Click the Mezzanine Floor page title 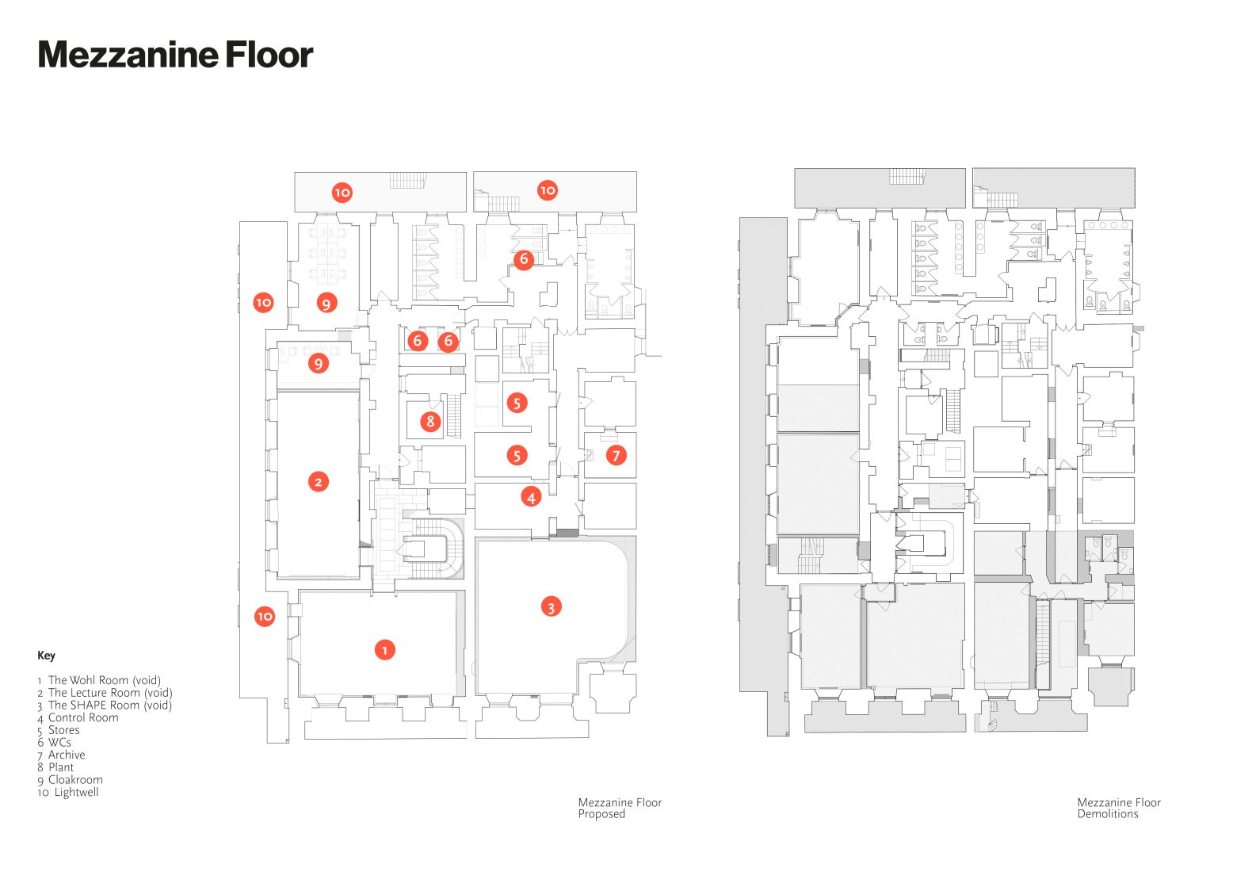pos(176,55)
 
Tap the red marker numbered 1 pos(385,650)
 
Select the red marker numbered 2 pos(319,482)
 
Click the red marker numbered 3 pos(551,607)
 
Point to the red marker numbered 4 pos(531,497)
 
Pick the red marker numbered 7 pos(616,455)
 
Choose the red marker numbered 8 pos(430,422)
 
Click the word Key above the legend pos(46,656)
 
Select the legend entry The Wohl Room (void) pos(99,680)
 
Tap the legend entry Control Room pos(78,718)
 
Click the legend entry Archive pos(61,755)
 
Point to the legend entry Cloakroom pos(70,780)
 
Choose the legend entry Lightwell pos(68,793)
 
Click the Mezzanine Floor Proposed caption pos(620,808)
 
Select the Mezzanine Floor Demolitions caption pos(1119,808)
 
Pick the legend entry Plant pos(55,767)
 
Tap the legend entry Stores pos(59,731)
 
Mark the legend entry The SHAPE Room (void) pos(105,706)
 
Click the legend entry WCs pos(54,743)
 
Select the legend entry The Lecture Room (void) pos(105,693)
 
